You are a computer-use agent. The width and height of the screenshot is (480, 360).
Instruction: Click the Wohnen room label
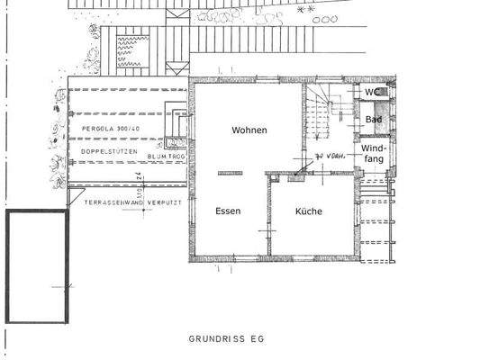tap(249, 130)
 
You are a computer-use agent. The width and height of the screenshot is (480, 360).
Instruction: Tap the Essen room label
tap(228, 211)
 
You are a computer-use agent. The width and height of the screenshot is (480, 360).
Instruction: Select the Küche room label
tap(309, 211)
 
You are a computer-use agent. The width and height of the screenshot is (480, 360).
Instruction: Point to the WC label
tap(371, 92)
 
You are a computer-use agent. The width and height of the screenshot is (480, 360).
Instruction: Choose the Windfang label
tap(374, 153)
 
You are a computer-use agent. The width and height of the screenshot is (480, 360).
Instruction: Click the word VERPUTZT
tap(166, 203)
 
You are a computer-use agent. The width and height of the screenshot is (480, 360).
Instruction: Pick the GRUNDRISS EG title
tap(227, 339)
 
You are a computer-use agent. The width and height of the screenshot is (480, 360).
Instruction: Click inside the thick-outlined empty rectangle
tap(37, 267)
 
